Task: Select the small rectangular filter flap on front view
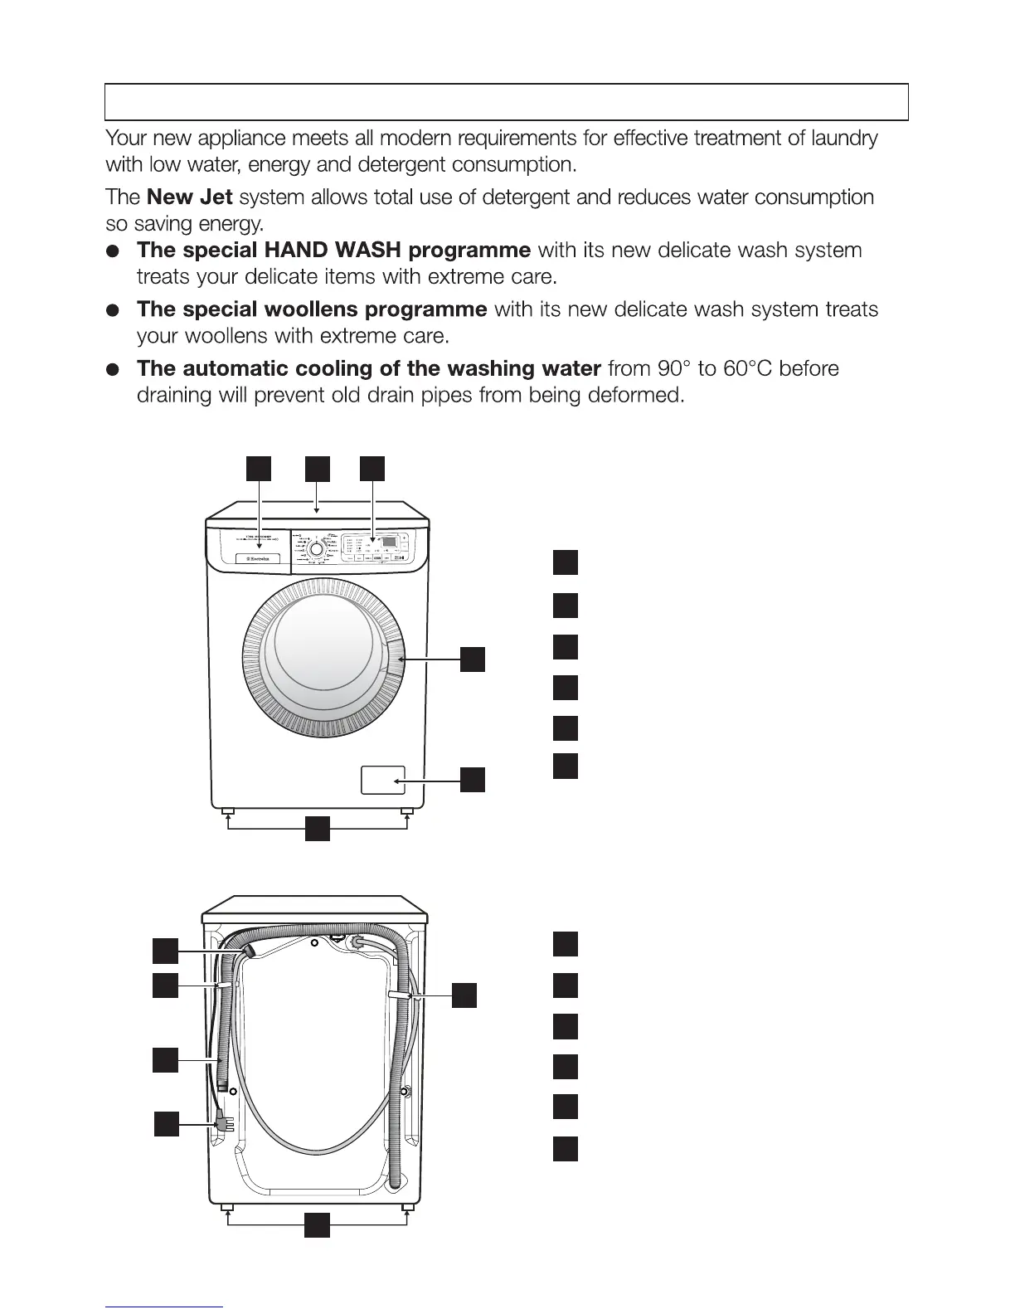[x=383, y=781]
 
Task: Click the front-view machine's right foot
[x=406, y=810]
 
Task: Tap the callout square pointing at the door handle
[x=473, y=659]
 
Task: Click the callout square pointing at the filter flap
[x=473, y=780]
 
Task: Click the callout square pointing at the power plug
[x=168, y=1124]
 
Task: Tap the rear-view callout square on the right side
[x=464, y=994]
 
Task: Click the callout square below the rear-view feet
[x=317, y=1225]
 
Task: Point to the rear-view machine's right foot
[x=406, y=1205]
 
